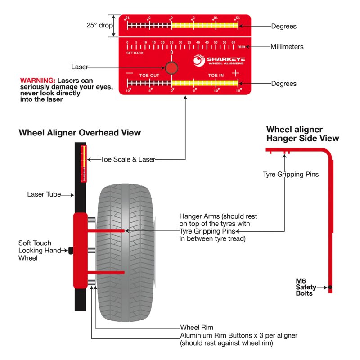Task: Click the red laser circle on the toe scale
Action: pyautogui.click(x=171, y=68)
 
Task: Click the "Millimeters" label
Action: pyautogui.click(x=287, y=47)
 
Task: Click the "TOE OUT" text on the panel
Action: pyautogui.click(x=149, y=75)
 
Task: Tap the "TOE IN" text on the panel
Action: pyautogui.click(x=216, y=75)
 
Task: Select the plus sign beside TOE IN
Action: pyautogui.click(x=235, y=72)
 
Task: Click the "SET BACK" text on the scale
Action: pyautogui.click(x=135, y=53)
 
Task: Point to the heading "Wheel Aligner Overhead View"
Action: pyautogui.click(x=80, y=133)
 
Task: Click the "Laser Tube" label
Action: pyautogui.click(x=42, y=195)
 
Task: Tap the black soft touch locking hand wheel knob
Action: pyautogui.click(x=71, y=250)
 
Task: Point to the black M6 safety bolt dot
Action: pyautogui.click(x=330, y=287)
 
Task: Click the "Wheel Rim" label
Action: pyautogui.click(x=197, y=328)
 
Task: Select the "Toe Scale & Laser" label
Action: pyautogui.click(x=128, y=159)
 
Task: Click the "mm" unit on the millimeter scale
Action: pyautogui.click(x=242, y=47)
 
